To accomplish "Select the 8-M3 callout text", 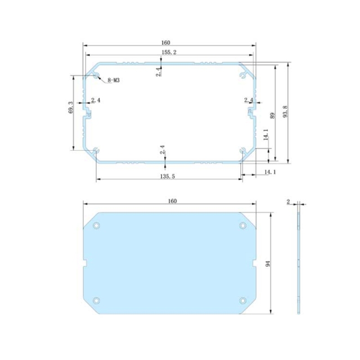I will tap(113, 80).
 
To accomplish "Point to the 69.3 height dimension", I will tap(70, 107).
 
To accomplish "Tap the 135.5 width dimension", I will tap(167, 175).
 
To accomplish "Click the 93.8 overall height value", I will tap(285, 112).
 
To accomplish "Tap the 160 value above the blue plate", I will tap(172, 201).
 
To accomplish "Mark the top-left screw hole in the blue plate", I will tap(96, 225).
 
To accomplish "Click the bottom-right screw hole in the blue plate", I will tap(243, 300).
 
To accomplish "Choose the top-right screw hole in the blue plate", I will tap(243, 225).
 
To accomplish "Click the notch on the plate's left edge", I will tap(85, 263).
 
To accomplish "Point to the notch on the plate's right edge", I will tap(254, 263).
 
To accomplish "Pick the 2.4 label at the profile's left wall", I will tap(96, 100).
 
